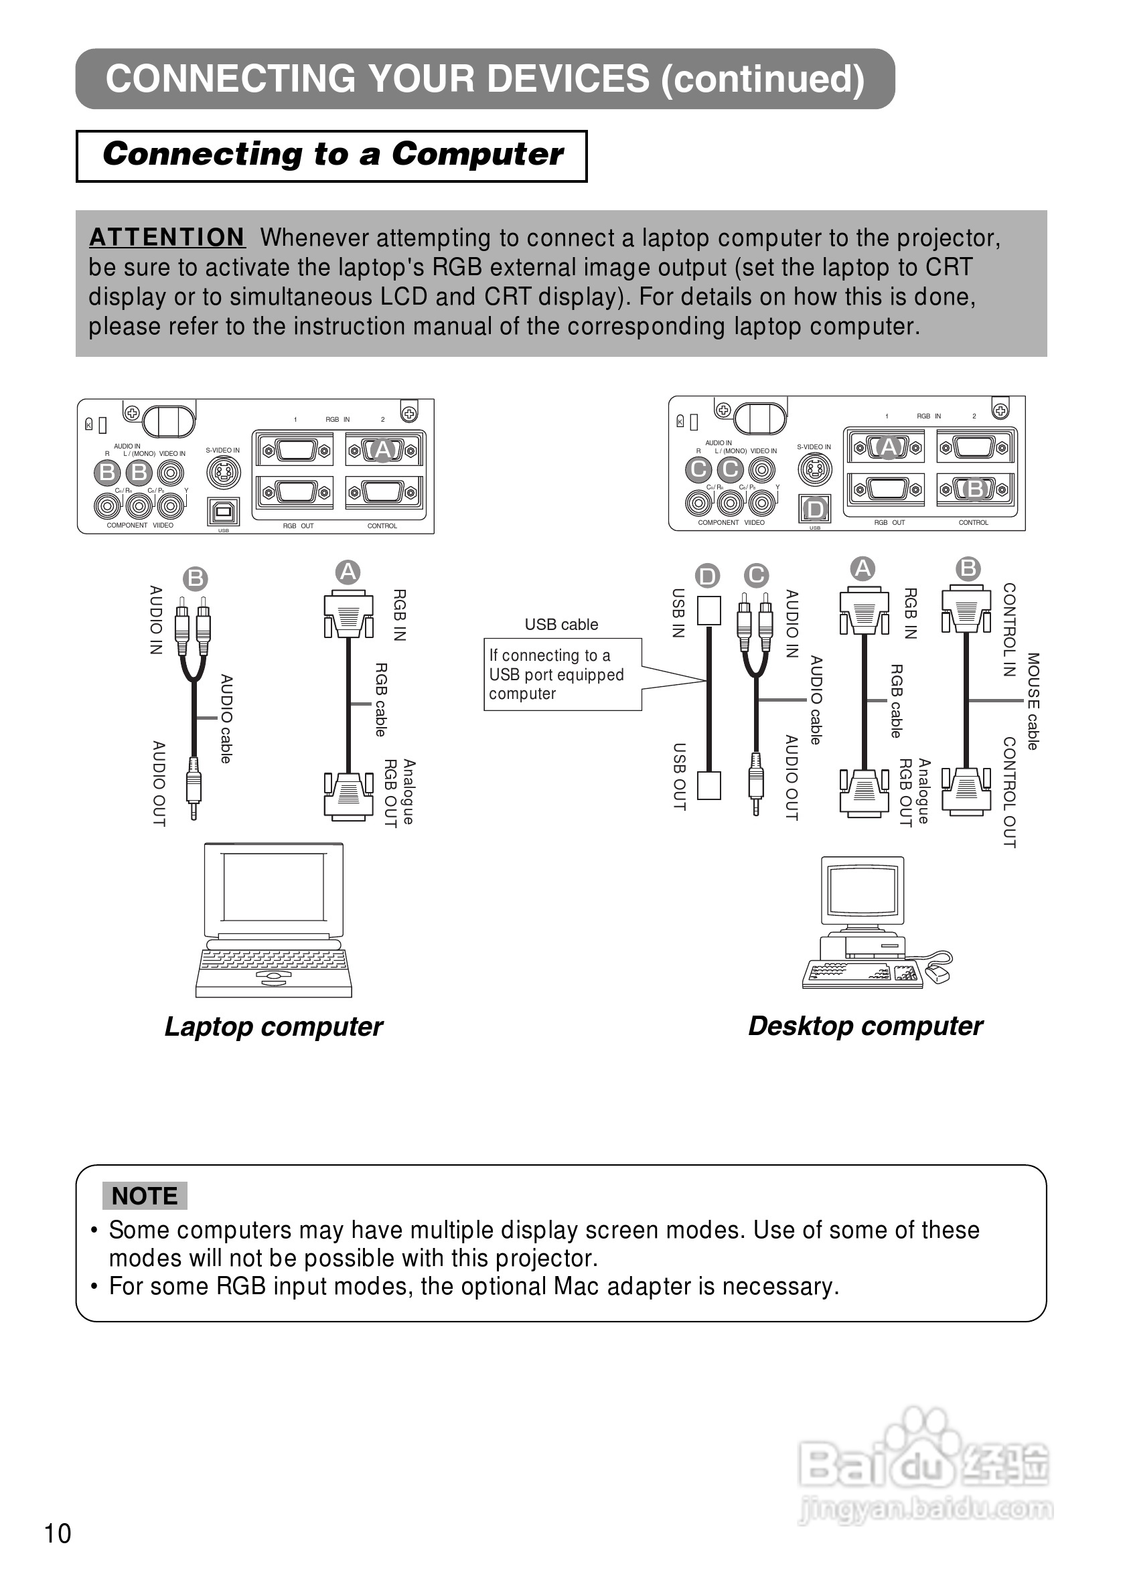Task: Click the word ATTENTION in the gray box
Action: (167, 237)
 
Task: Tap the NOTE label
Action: (145, 1195)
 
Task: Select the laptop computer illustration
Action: (274, 919)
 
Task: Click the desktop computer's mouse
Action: (938, 975)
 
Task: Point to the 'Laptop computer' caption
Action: (273, 1026)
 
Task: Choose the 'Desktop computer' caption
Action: (865, 1026)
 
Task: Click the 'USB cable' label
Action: (560, 624)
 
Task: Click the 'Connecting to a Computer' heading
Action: (332, 154)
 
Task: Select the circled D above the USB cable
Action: (707, 576)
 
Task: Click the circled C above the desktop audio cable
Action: (756, 575)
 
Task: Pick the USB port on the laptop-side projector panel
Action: (224, 512)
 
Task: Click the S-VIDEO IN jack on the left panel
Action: (224, 473)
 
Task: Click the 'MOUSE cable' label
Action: (1033, 701)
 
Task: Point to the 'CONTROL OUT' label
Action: (1010, 792)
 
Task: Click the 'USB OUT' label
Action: (679, 777)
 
